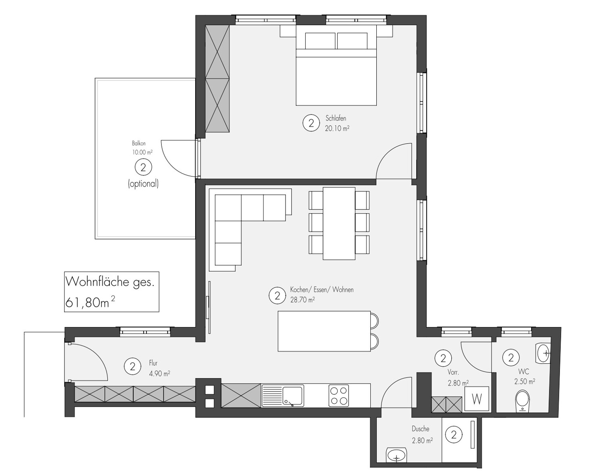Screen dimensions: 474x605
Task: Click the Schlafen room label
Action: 336,118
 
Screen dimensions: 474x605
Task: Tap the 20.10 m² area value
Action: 337,128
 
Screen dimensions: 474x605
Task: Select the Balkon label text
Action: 139,143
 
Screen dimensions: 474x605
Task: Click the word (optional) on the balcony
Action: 143,184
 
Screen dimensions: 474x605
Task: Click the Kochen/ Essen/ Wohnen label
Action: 321,289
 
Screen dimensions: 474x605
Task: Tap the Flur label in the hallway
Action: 153,363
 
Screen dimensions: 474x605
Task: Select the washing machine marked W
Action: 477,399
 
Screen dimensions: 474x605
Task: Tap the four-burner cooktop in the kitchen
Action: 339,396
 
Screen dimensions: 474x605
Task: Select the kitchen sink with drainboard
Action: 283,396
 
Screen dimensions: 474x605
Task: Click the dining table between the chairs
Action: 339,223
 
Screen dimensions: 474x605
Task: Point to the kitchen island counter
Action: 324,331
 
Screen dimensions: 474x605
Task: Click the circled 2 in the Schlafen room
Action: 311,123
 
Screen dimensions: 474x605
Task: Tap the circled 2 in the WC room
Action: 511,357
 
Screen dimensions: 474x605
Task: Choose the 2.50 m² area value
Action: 524,381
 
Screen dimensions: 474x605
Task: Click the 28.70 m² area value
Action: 302,300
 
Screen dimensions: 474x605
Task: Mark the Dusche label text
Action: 420,429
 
